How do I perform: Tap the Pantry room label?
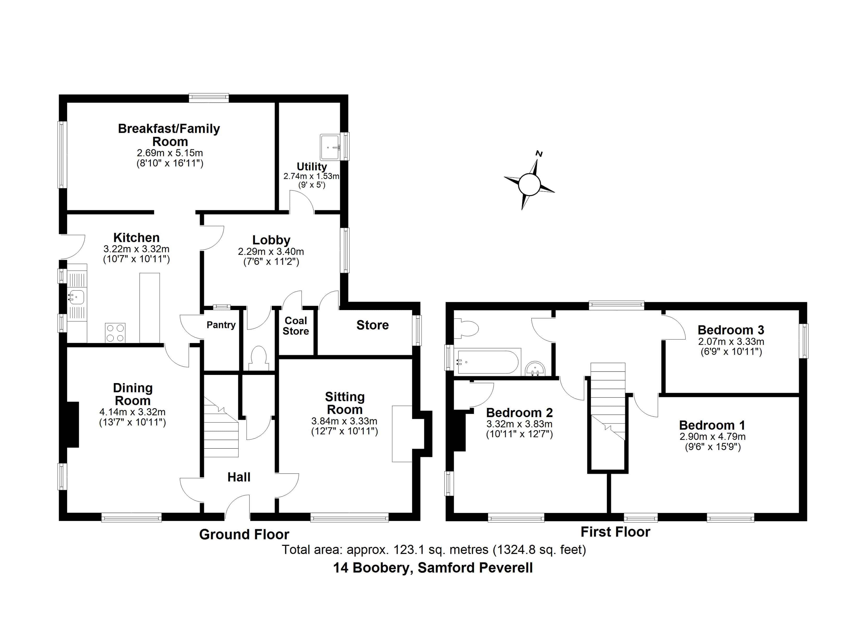pyautogui.click(x=221, y=325)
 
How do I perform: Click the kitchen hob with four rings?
pyautogui.click(x=115, y=333)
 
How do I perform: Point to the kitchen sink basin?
pyautogui.click(x=76, y=297)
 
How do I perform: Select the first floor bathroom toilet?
pyautogui.click(x=467, y=329)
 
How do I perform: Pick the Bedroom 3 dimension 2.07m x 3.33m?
pyautogui.click(x=731, y=342)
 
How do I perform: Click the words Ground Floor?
pyautogui.click(x=244, y=535)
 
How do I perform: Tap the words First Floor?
pyautogui.click(x=615, y=532)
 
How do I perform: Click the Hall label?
pyautogui.click(x=239, y=477)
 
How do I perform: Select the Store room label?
pyautogui.click(x=373, y=325)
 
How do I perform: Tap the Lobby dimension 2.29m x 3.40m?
pyautogui.click(x=271, y=252)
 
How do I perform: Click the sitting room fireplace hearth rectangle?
pyautogui.click(x=402, y=434)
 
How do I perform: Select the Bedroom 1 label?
pyautogui.click(x=712, y=425)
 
